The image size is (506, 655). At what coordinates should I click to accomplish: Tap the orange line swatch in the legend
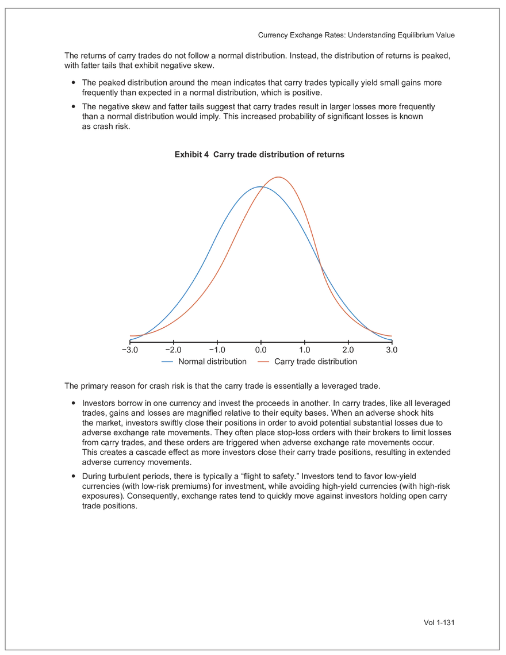(263, 362)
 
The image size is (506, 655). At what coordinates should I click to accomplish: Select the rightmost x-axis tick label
(391, 348)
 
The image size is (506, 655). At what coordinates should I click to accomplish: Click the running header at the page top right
(358, 36)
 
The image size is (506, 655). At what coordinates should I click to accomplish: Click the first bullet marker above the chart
(72, 84)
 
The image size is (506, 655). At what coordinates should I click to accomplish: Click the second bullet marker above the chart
(72, 106)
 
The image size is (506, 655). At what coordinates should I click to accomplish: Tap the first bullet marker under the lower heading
(72, 401)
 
